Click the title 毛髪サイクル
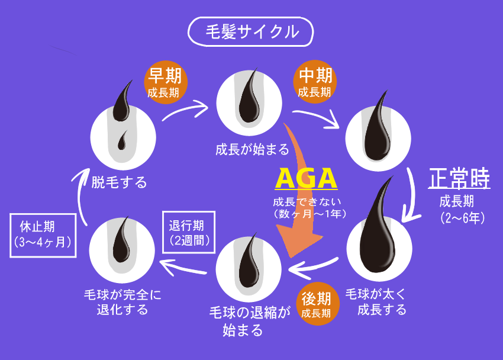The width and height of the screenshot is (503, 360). (251, 31)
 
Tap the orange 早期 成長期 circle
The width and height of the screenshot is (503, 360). (167, 82)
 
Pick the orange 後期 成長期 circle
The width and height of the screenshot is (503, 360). (317, 303)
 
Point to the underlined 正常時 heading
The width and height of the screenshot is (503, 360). (459, 178)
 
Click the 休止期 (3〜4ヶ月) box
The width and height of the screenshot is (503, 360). (44, 234)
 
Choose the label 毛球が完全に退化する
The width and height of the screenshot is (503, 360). (122, 301)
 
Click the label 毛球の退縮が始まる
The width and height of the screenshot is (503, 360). (250, 320)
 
